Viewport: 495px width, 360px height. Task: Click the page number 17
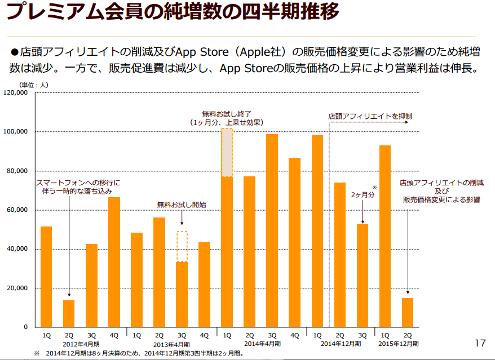tap(480, 343)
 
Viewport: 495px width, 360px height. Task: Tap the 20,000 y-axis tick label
tap(19, 288)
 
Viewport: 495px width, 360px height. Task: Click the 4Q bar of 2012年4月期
tap(114, 262)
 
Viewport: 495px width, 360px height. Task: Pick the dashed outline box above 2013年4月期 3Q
tap(182, 246)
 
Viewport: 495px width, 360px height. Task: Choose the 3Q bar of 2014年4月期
tap(272, 230)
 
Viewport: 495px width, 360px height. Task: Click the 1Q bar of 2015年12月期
tap(384, 236)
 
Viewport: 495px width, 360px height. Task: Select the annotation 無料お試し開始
tap(181, 205)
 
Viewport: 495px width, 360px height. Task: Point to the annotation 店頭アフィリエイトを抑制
tap(370, 116)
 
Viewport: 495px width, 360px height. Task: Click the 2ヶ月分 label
tap(363, 194)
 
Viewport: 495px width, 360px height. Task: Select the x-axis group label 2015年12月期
tap(396, 344)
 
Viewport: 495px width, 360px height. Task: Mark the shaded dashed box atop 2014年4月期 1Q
tap(227, 153)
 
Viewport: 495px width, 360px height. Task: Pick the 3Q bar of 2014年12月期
tap(362, 275)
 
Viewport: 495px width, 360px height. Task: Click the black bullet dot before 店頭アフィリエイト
tap(15, 52)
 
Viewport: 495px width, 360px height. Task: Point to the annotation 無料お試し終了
tap(227, 114)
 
